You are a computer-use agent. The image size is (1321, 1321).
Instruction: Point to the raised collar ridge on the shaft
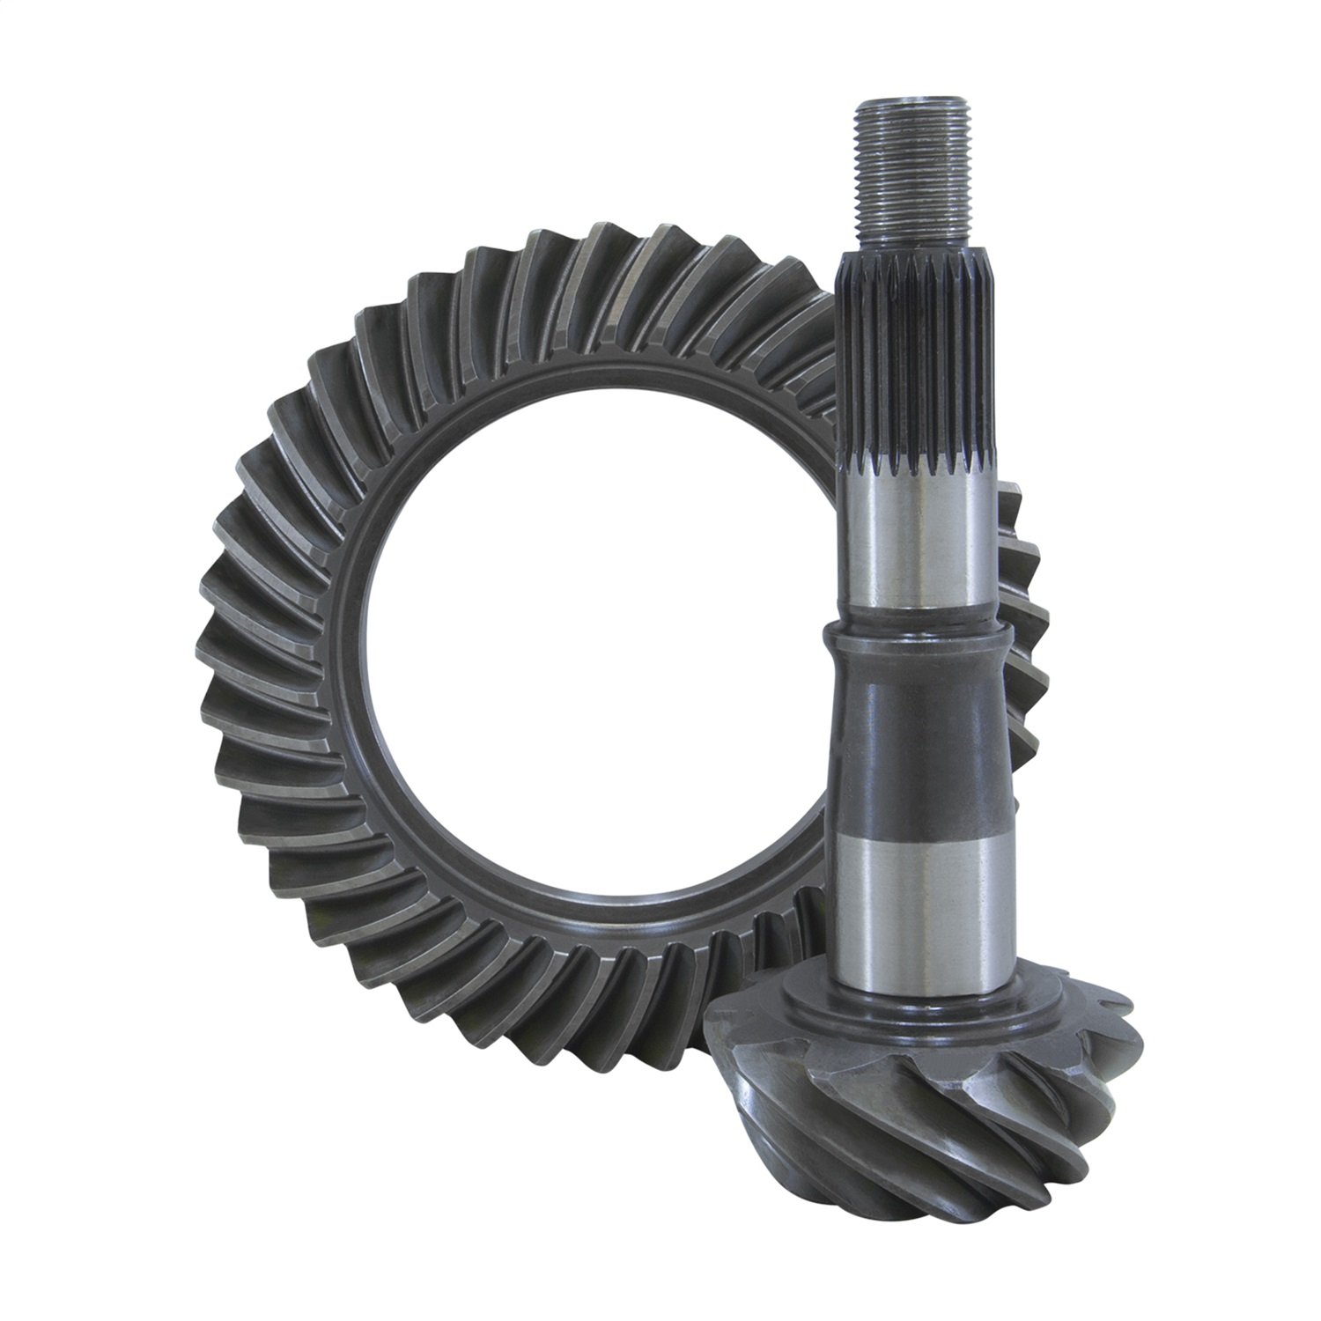click(x=916, y=631)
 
